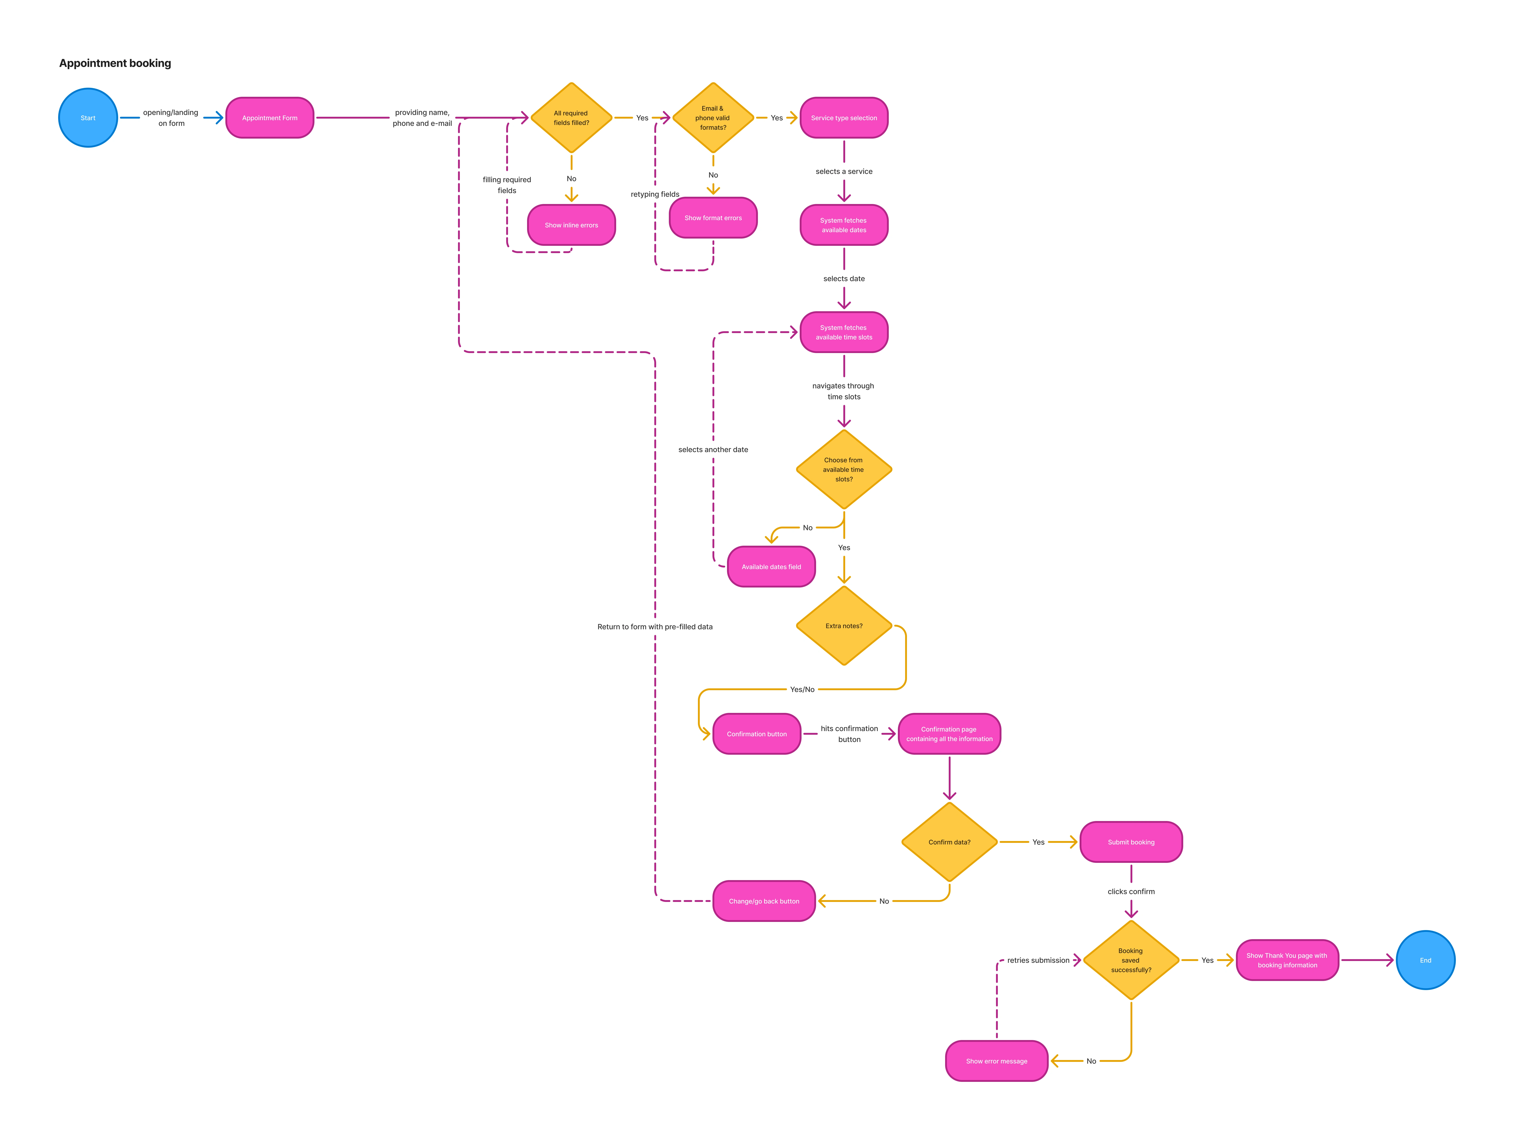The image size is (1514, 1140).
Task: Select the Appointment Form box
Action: (270, 118)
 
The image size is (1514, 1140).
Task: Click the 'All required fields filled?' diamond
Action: (571, 118)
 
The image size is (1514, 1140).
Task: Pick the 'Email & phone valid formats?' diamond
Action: (712, 118)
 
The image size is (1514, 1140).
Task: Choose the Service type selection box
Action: (844, 118)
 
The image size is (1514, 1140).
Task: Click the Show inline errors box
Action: (571, 225)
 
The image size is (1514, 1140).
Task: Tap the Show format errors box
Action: (712, 218)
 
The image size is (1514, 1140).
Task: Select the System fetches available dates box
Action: (844, 225)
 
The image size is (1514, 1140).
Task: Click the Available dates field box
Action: (771, 567)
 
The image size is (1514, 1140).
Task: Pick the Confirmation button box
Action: (756, 734)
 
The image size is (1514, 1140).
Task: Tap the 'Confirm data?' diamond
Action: (949, 842)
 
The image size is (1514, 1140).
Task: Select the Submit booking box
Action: (1131, 842)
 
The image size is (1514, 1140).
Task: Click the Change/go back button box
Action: (764, 901)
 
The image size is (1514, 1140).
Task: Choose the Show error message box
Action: (996, 1061)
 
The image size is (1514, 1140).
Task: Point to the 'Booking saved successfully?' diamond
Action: (1131, 960)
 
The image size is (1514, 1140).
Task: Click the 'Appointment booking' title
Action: (115, 63)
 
